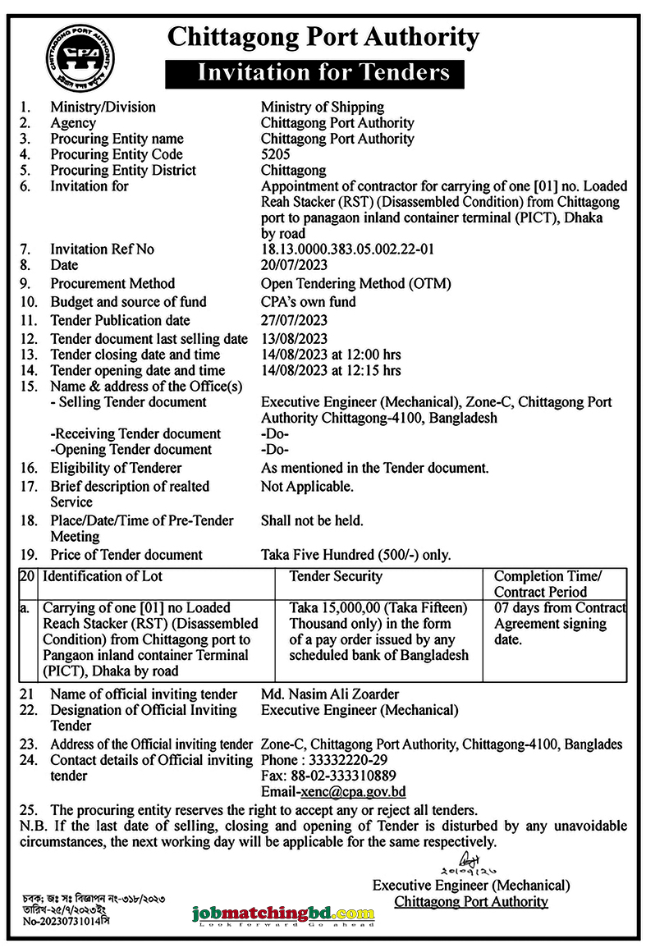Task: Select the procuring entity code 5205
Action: [276, 154]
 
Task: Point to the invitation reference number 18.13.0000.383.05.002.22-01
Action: [347, 249]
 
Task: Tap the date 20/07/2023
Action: [294, 264]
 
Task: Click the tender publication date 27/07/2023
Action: [294, 320]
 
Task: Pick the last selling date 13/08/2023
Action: [294, 339]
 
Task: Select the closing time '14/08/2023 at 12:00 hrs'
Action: [331, 355]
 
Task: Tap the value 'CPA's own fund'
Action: [308, 301]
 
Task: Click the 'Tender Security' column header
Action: [336, 576]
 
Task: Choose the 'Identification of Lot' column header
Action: [102, 576]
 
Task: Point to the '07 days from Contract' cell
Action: [560, 608]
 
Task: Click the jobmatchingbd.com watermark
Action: [283, 914]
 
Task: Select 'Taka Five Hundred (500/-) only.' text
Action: [355, 555]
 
